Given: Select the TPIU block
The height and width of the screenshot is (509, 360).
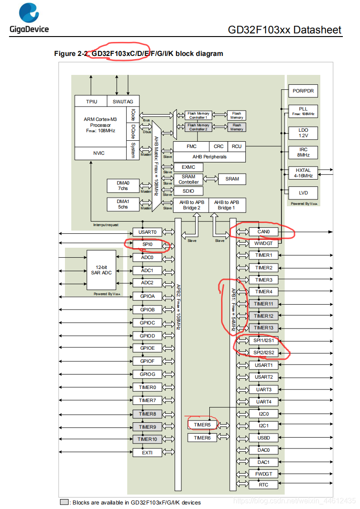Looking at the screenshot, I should pos(91,102).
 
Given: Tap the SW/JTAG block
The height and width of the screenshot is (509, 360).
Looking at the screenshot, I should pos(123,102).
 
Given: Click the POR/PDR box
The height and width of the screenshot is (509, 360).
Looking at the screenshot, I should pos(303,91).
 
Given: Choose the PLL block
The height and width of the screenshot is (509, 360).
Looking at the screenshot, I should pos(303,111).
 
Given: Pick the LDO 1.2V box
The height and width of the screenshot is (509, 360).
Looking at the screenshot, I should pos(303,133).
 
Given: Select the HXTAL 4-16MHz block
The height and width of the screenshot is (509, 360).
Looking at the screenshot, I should pos(303,173).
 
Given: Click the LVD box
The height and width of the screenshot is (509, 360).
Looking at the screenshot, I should pos(303,193).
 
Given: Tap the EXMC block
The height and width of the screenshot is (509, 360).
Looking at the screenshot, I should pos(188,167).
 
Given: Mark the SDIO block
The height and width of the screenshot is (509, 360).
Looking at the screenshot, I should pos(188,191).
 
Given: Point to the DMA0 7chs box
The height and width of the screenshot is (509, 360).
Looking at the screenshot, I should pos(123,185).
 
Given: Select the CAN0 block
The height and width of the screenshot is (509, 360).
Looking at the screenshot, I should pos(263,232).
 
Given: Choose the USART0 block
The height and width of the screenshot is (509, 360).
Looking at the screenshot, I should pos(147,232).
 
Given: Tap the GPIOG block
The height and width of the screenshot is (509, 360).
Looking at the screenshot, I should pos(147,375).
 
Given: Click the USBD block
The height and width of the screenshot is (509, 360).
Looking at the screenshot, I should pos(263,438).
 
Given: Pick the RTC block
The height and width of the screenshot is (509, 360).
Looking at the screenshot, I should pos(263,485).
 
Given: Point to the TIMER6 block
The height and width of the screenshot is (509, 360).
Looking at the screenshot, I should pos(202,438).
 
